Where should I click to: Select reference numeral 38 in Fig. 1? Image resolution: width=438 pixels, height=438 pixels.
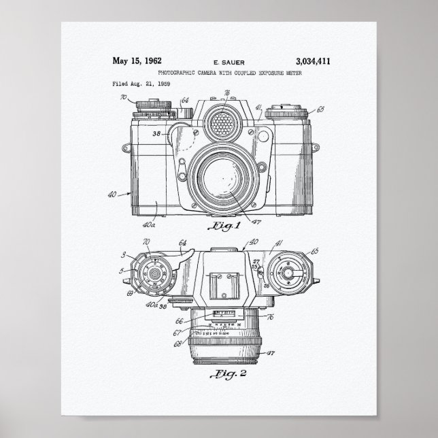click(156, 133)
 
